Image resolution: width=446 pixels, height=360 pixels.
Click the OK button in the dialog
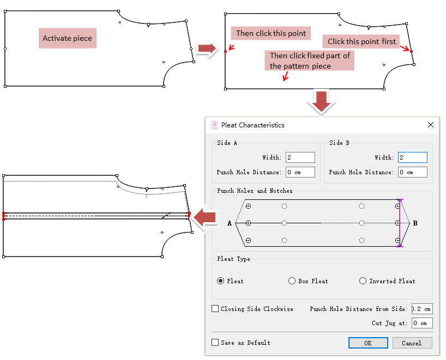click(x=368, y=343)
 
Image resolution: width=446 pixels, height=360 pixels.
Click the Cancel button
click(x=412, y=343)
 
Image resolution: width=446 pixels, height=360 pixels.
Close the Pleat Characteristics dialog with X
click(x=431, y=125)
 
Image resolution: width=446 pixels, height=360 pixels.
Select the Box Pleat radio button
click(x=292, y=281)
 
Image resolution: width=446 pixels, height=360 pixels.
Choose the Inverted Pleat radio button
click(x=363, y=281)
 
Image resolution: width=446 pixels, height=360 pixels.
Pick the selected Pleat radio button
click(x=220, y=281)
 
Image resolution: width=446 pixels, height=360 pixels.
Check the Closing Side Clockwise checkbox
click(x=215, y=309)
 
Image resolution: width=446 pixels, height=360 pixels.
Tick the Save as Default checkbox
click(x=215, y=343)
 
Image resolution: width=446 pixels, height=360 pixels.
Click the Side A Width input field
click(x=300, y=157)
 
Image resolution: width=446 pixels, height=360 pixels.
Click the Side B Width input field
click(x=412, y=157)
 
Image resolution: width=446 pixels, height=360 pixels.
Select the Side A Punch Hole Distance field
click(x=300, y=172)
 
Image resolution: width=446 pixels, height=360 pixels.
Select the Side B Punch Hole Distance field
click(x=412, y=172)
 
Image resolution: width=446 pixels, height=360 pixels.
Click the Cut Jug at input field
click(x=422, y=323)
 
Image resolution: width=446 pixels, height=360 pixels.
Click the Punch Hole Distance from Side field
click(x=422, y=309)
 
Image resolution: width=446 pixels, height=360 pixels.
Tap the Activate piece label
click(x=68, y=39)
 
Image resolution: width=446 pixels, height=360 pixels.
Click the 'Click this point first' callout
click(x=361, y=41)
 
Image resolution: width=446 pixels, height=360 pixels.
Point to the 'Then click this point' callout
click(x=271, y=33)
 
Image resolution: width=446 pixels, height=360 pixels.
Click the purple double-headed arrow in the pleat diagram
click(x=400, y=223)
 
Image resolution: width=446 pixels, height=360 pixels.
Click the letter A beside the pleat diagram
click(x=230, y=223)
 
